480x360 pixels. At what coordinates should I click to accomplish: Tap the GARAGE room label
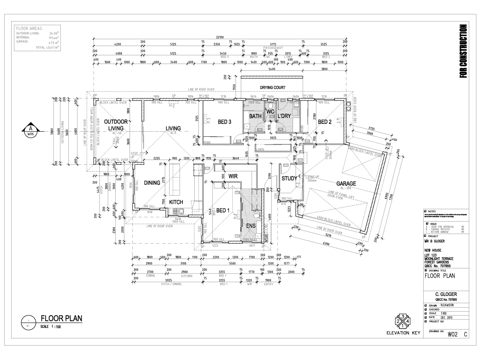pyautogui.click(x=346, y=184)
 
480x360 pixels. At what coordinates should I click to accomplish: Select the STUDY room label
pyautogui.click(x=289, y=178)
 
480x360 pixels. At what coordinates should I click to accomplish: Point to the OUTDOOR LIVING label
pyautogui.click(x=116, y=125)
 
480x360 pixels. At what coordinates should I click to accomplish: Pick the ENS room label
pyautogui.click(x=250, y=226)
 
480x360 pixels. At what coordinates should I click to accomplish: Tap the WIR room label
pyautogui.click(x=234, y=176)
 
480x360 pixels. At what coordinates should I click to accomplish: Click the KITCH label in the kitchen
pyautogui.click(x=176, y=202)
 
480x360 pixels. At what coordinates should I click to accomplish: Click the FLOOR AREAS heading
pyautogui.click(x=27, y=29)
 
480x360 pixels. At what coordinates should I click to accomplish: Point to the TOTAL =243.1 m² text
pyautogui.click(x=47, y=47)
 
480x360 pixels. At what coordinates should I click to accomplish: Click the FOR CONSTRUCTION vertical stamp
pyautogui.click(x=464, y=52)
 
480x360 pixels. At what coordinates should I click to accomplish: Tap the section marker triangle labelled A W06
pyautogui.click(x=31, y=130)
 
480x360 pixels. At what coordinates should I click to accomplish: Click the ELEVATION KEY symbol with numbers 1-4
pyautogui.click(x=402, y=321)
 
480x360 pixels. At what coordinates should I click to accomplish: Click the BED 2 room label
pyautogui.click(x=325, y=122)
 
